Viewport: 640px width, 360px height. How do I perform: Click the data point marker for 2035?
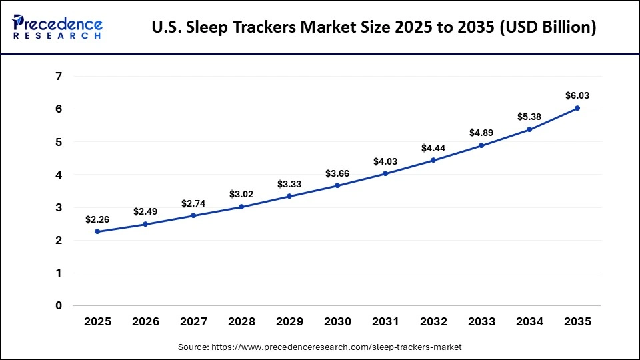tap(577, 108)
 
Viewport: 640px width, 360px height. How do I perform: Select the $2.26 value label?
tap(97, 219)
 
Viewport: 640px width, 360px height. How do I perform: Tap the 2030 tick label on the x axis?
tap(337, 321)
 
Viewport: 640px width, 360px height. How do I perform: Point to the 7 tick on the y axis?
tap(59, 76)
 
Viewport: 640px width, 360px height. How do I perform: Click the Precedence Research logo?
tap(57, 27)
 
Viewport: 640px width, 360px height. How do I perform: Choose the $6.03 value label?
tap(577, 95)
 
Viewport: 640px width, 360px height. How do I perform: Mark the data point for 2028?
tap(241, 207)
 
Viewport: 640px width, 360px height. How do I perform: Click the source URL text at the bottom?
tap(319, 347)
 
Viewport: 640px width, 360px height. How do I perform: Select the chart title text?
tap(374, 27)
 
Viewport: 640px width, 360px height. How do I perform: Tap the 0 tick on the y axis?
tap(59, 306)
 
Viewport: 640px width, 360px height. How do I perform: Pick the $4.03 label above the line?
tap(385, 161)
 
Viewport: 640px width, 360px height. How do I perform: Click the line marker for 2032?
tap(433, 160)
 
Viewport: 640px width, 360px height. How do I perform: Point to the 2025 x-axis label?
tap(97, 321)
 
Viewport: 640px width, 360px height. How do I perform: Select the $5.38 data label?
tap(529, 117)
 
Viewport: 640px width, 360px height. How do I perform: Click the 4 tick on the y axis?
tap(59, 175)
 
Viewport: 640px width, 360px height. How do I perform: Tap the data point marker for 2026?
tap(145, 224)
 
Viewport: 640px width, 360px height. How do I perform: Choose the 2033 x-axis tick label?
tap(481, 321)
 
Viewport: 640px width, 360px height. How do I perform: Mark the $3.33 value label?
tap(289, 183)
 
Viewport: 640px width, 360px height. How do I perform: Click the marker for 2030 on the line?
tap(337, 185)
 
